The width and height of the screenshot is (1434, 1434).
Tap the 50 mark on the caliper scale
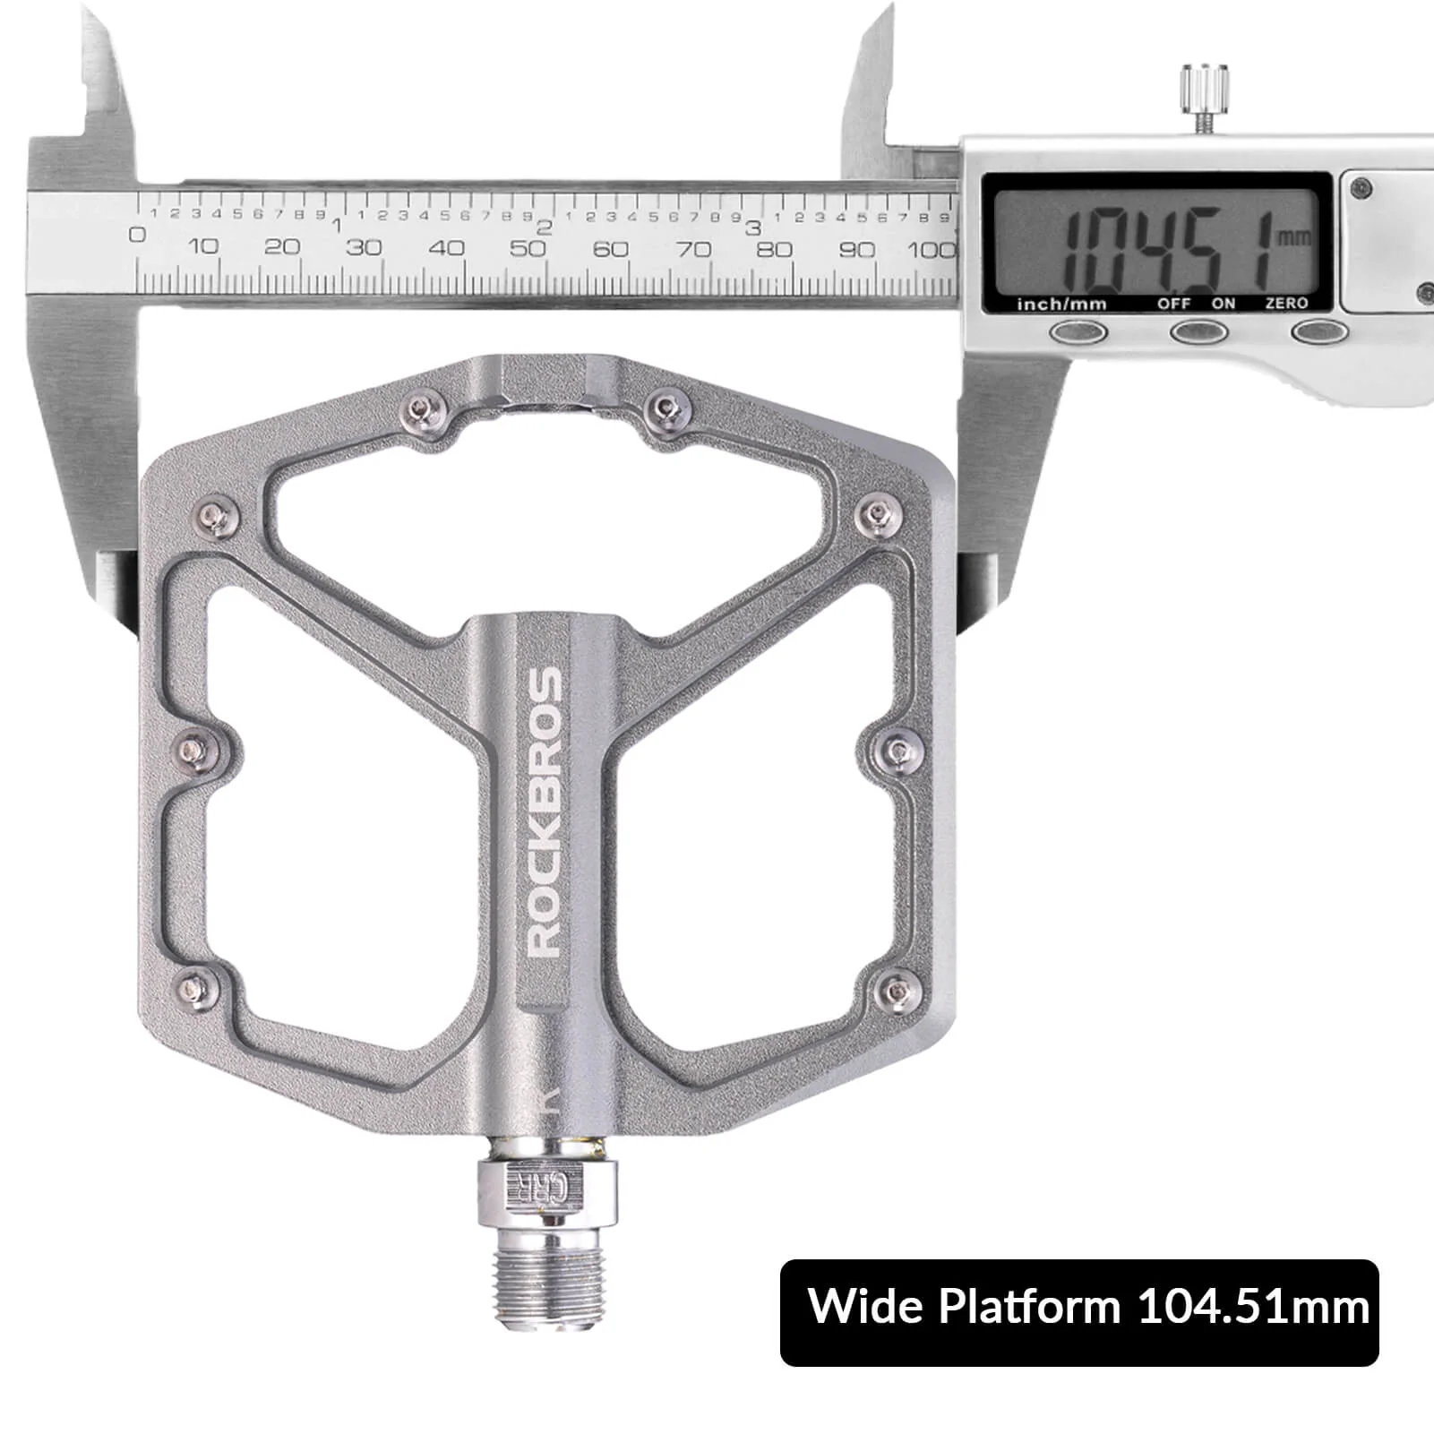click(528, 248)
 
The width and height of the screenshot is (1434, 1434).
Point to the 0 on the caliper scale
click(137, 236)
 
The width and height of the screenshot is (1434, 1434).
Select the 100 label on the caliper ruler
click(932, 250)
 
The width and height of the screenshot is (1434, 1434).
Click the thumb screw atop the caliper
click(1199, 90)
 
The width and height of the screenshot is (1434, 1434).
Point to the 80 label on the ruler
click(774, 249)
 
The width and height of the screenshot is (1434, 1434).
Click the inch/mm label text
click(1061, 305)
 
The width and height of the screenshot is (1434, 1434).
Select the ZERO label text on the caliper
click(1286, 304)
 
